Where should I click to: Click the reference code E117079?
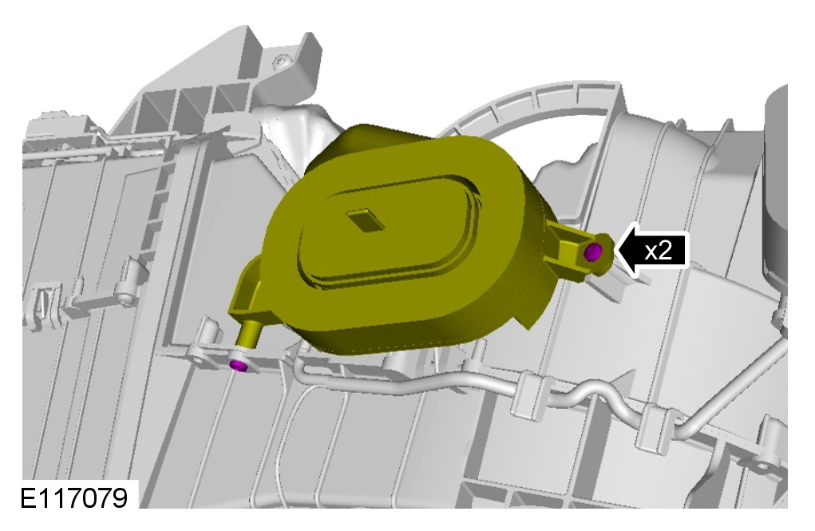pyautogui.click(x=73, y=498)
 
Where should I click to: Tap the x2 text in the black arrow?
pyautogui.click(x=658, y=251)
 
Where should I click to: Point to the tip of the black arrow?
pyautogui.click(x=615, y=249)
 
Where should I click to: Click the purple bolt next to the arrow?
pyautogui.click(x=592, y=252)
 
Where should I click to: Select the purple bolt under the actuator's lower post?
pyautogui.click(x=239, y=366)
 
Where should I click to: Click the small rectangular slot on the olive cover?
pyautogui.click(x=366, y=220)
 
